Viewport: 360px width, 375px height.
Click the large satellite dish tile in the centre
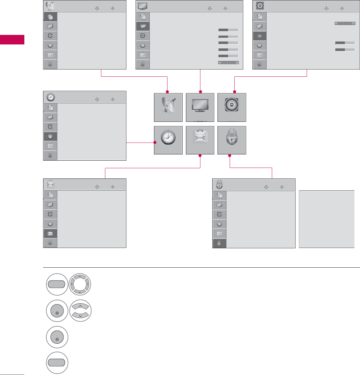tap(168, 108)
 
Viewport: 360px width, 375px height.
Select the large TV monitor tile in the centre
tap(200, 108)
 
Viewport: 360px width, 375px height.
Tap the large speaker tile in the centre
tap(232, 108)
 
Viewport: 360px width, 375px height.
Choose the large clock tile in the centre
tap(168, 140)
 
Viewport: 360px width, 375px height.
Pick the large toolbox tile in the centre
tap(200, 140)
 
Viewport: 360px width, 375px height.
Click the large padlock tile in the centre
tap(232, 140)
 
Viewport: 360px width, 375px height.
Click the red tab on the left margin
tap(12, 39)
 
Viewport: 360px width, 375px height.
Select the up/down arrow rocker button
tap(80, 310)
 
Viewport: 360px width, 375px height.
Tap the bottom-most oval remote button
tap(57, 363)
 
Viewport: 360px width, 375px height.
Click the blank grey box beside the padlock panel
tap(326, 219)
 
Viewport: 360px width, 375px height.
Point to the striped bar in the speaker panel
tap(345, 24)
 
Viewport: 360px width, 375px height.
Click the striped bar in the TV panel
tap(228, 63)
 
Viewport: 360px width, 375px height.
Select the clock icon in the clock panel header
tap(51, 97)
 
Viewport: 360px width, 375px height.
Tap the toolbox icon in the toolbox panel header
tap(51, 184)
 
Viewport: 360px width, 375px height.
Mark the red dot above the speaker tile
tap(234, 91)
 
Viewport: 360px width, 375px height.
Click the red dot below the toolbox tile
tap(200, 156)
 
